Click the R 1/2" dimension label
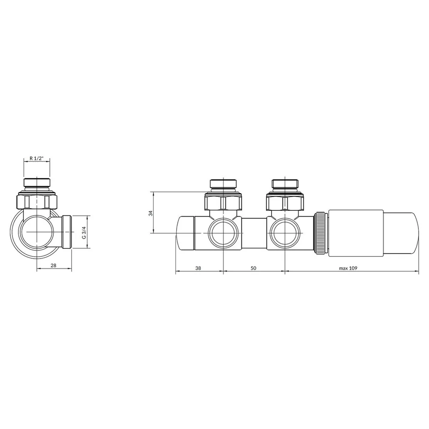(36, 158)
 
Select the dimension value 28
(54, 266)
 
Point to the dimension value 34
(151, 213)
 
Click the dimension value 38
(198, 268)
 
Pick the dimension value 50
(254, 268)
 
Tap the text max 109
(348, 268)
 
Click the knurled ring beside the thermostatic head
(321, 233)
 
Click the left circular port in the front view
(224, 233)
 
